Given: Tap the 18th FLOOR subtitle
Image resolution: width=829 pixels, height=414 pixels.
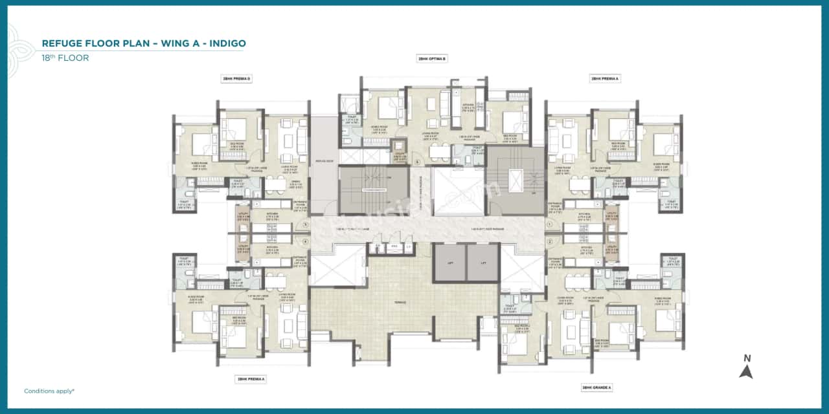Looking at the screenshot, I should tap(65, 58).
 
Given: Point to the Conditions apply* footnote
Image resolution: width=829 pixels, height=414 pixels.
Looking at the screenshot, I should tap(49, 391).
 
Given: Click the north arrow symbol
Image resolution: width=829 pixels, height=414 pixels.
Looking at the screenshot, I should tap(746, 371).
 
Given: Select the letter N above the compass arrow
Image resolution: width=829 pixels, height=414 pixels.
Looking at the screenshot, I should tap(747, 358).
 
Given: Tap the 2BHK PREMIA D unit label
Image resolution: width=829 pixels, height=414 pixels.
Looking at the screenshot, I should tap(236, 79).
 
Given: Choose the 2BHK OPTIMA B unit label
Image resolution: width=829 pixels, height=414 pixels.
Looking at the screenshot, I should tap(431, 58).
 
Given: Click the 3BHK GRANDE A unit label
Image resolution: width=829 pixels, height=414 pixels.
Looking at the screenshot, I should tap(596, 387).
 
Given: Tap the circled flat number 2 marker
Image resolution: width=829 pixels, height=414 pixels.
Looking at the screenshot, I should tap(548, 241).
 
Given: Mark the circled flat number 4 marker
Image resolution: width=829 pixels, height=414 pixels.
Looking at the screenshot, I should tap(305, 241).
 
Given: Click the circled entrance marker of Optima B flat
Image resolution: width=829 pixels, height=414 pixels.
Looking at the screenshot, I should tap(418, 162).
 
